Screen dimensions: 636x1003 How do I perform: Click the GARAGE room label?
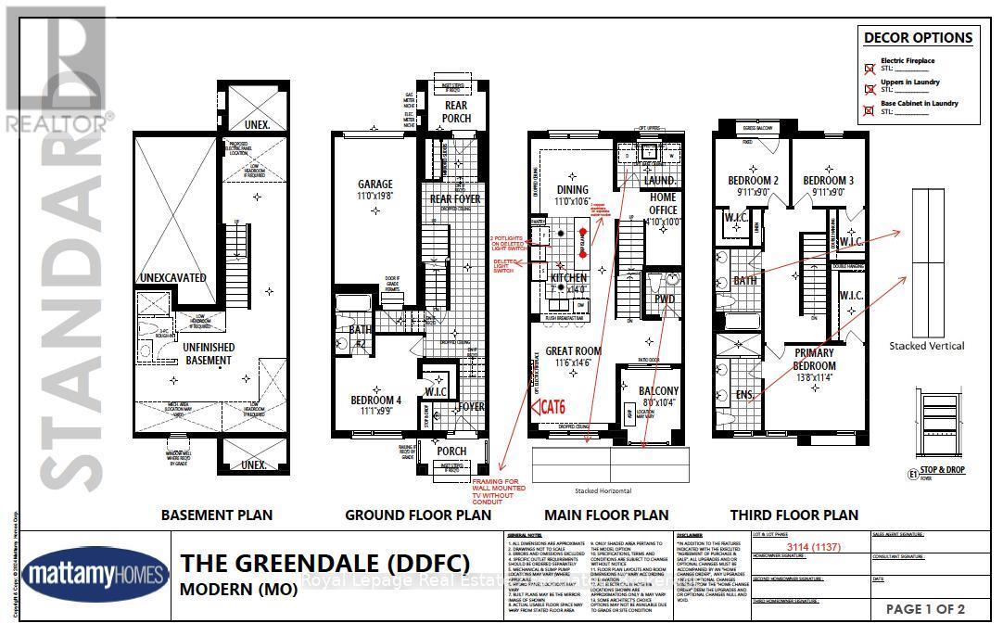[375, 184]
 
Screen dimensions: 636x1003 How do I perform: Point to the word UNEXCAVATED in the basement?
[171, 277]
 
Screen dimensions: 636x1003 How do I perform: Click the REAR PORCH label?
[456, 111]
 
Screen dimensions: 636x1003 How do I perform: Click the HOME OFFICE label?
[663, 203]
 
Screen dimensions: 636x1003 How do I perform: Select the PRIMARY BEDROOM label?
[813, 359]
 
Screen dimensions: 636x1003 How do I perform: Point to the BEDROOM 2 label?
[751, 180]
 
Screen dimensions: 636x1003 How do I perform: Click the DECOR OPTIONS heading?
[918, 38]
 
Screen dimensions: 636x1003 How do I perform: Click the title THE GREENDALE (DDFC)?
[324, 563]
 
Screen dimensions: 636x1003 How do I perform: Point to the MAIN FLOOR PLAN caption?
[606, 515]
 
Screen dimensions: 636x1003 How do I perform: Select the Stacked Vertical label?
[927, 345]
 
